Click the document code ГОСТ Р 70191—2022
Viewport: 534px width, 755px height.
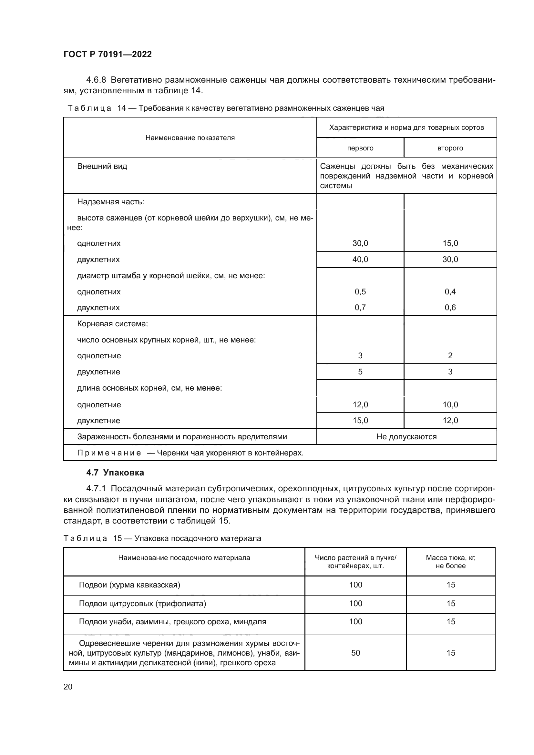pos(108,54)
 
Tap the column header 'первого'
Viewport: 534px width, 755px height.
pos(360,148)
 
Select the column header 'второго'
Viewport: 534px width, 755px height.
pos(450,148)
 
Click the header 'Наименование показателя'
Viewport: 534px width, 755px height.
pos(190,138)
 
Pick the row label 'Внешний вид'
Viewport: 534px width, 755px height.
pos(102,166)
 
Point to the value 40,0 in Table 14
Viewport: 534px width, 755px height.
pos(360,260)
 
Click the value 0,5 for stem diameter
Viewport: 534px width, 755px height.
pos(360,292)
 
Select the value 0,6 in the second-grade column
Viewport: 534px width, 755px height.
pos(450,308)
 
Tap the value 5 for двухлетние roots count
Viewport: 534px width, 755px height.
pos(360,372)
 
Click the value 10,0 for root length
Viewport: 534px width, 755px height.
pos(450,405)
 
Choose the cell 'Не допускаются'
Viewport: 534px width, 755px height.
pos(406,437)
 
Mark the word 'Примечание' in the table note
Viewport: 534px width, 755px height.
pos(109,453)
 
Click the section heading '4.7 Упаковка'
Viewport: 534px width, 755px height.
pos(115,473)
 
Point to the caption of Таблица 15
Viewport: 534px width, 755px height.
pos(162,538)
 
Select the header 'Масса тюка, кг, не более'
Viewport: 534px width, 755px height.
pos(450,562)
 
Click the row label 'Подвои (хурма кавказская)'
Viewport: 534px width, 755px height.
pos(129,585)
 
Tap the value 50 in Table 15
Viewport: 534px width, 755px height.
pos(355,653)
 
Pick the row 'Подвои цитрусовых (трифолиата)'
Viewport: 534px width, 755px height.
pos(142,604)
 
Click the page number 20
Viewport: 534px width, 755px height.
pos(68,687)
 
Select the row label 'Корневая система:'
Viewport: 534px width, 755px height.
pos(112,324)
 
